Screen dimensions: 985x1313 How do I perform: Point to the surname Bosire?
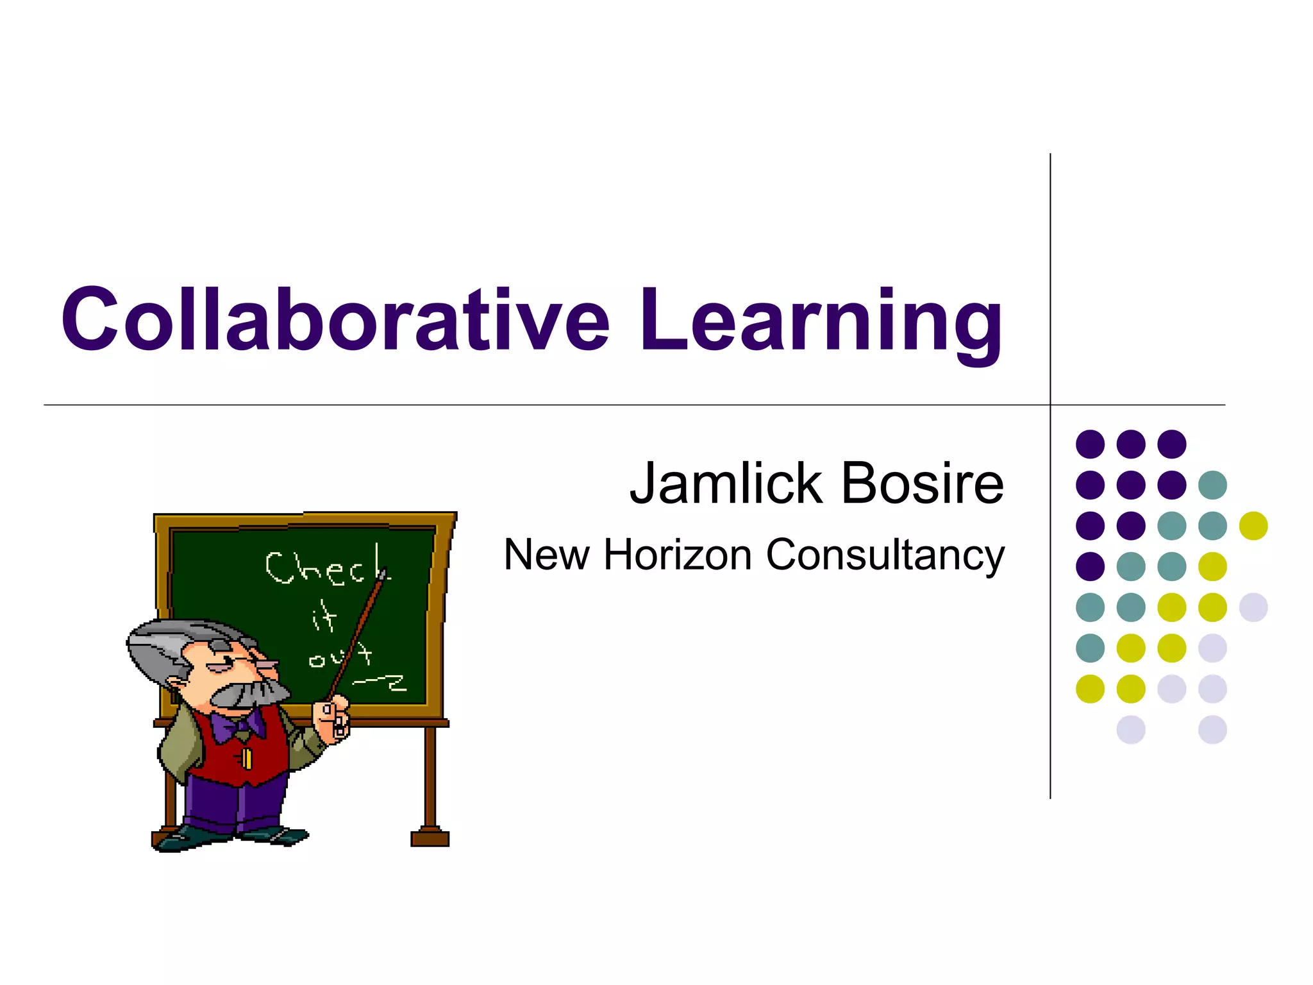click(x=923, y=484)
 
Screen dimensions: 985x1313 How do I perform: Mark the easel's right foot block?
click(x=430, y=838)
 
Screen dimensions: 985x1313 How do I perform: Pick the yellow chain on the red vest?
click(x=246, y=758)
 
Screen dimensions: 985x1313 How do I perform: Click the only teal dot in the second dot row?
click(x=1212, y=485)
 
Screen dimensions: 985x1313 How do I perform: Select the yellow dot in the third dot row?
click(x=1253, y=526)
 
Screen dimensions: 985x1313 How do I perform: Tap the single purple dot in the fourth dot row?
click(x=1090, y=566)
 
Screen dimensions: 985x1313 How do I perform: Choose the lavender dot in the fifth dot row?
click(x=1253, y=607)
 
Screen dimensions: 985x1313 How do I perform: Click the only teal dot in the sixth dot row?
click(x=1090, y=648)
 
